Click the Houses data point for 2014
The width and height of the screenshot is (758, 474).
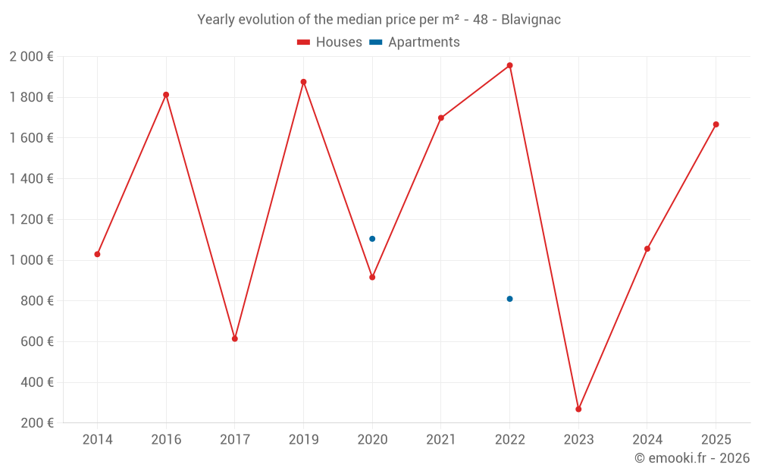[97, 254]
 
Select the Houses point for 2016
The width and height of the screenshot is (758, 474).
[166, 95]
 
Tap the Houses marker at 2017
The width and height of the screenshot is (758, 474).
[235, 338]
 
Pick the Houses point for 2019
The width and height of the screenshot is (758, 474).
[303, 82]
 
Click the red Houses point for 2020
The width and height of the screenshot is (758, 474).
[372, 277]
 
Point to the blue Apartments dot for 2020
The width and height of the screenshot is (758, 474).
[372, 239]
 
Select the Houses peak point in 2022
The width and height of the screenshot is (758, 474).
[509, 65]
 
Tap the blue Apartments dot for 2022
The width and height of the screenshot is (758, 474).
[509, 299]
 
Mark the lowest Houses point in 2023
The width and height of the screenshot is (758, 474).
[578, 409]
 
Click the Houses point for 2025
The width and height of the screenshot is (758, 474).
[716, 124]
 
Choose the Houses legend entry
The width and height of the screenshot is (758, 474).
[330, 42]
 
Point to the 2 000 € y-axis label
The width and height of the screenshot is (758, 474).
[31, 57]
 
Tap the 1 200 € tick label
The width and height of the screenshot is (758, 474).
[31, 220]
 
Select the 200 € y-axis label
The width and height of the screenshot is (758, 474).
[36, 423]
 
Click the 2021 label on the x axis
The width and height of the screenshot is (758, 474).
[441, 440]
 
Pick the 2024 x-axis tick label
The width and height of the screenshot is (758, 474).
[647, 440]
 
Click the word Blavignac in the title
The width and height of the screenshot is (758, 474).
[531, 20]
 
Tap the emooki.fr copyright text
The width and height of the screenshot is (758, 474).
[692, 458]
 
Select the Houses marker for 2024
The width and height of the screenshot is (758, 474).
[647, 249]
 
